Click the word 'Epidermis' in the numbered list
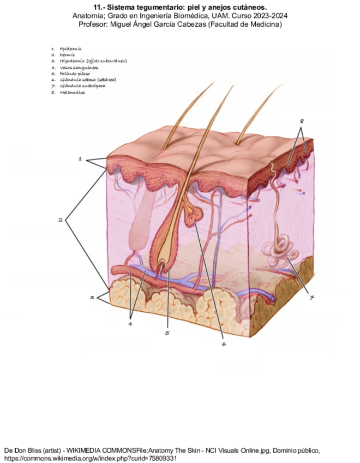(x=70, y=49)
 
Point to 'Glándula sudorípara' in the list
(x=82, y=86)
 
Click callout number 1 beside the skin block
(x=80, y=159)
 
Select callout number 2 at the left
(x=61, y=220)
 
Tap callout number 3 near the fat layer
(x=92, y=298)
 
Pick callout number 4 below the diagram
(x=130, y=323)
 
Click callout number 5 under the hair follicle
(x=167, y=333)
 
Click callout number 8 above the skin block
(x=302, y=120)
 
